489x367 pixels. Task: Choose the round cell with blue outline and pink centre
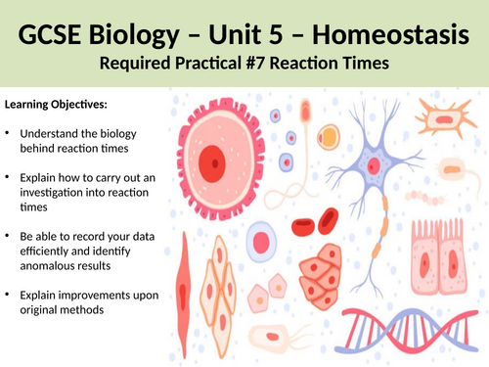pos(262,239)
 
